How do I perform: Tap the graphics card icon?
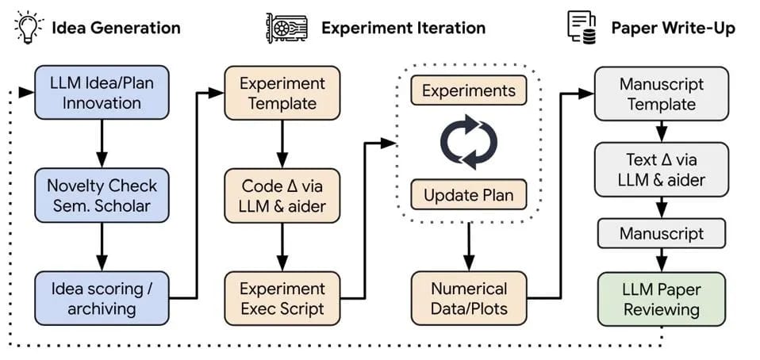click(x=286, y=27)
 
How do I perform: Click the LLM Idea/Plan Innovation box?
click(x=102, y=93)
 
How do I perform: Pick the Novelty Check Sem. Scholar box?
click(x=102, y=196)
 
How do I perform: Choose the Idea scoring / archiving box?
click(x=102, y=297)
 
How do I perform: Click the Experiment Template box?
click(x=282, y=93)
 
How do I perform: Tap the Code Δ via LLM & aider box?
click(x=282, y=196)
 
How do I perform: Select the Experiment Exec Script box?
click(x=282, y=297)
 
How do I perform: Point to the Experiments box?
click(x=468, y=90)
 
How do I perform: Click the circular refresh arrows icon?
click(x=468, y=143)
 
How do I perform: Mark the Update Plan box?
click(x=468, y=194)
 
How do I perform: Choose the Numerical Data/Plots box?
click(x=468, y=297)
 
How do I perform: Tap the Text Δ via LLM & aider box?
click(x=661, y=170)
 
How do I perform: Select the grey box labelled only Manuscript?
click(x=661, y=234)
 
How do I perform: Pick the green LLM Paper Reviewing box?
click(x=661, y=298)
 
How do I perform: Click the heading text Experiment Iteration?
click(x=403, y=28)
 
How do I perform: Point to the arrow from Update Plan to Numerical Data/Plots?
click(x=468, y=245)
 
